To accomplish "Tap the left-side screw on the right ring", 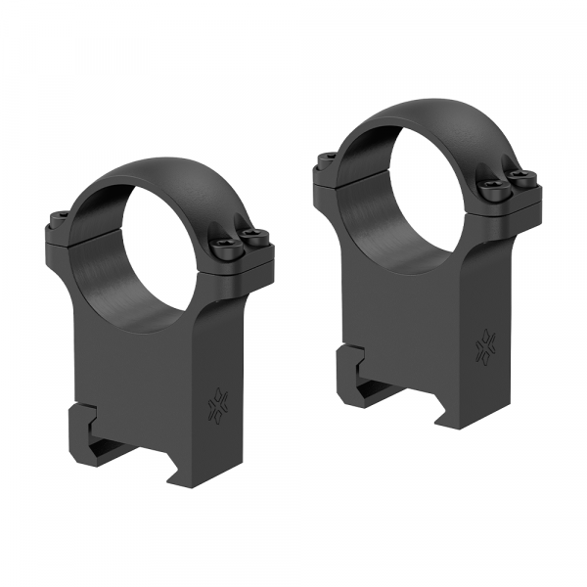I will click(x=328, y=157).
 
